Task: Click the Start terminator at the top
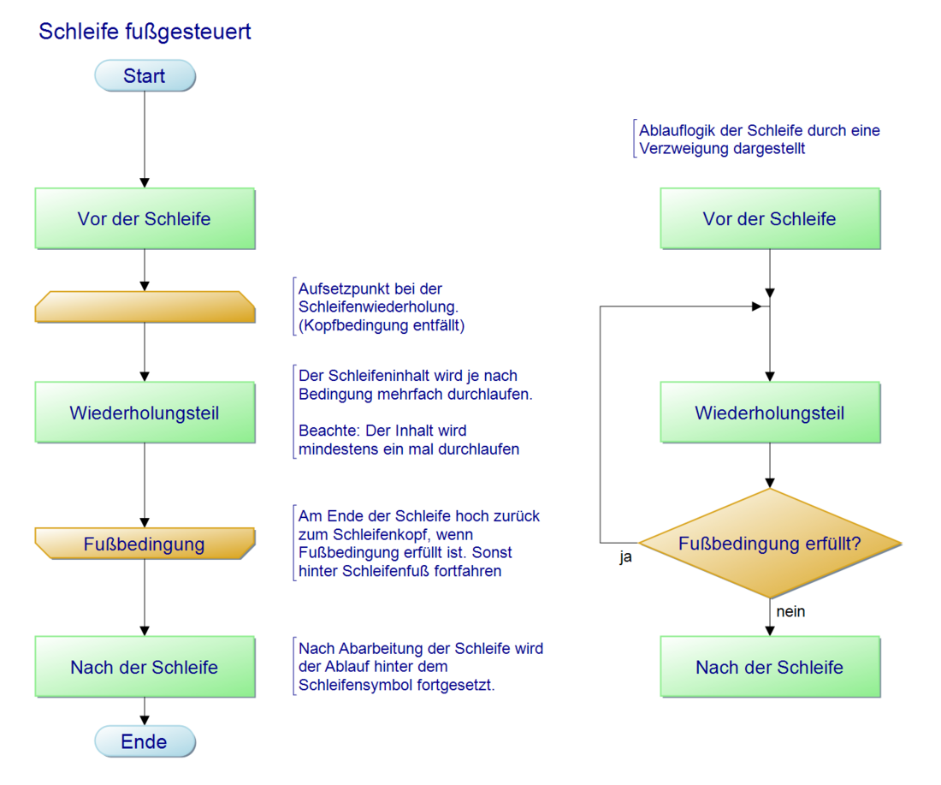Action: (145, 75)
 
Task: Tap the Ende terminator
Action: (145, 741)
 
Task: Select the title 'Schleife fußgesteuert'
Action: (145, 32)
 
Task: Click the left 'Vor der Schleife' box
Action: (145, 218)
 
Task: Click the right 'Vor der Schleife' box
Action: (770, 218)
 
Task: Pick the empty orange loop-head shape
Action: (145, 306)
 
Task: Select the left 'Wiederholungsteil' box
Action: (145, 413)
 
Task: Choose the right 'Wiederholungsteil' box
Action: (770, 413)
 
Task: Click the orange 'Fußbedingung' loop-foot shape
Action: (145, 544)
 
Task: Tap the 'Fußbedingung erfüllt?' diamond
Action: (770, 544)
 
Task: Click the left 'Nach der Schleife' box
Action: (145, 667)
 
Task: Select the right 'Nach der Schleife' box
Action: (770, 667)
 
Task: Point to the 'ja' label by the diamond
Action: (626, 557)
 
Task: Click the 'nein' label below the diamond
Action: (790, 612)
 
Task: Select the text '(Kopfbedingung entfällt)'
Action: (382, 325)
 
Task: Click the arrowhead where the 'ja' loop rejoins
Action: (756, 306)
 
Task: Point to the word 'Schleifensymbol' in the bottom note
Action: (352, 685)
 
